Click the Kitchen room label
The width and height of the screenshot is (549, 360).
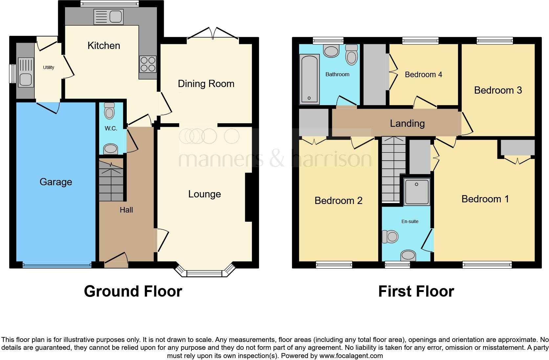coord(104,45)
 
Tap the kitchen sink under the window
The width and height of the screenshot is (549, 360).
coord(108,17)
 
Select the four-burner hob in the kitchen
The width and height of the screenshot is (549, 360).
coord(148,64)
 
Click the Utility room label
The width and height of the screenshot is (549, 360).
coord(48,67)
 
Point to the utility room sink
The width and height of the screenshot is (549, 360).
coord(26,72)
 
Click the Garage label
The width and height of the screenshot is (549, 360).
coord(56,182)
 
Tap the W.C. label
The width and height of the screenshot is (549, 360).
coord(111,128)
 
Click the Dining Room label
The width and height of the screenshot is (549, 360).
coord(206,84)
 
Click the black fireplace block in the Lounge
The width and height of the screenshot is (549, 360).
coord(249,197)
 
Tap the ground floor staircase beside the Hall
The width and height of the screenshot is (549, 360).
coord(111,180)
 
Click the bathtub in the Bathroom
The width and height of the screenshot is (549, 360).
coord(310,79)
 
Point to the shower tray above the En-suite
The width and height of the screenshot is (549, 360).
coord(417,192)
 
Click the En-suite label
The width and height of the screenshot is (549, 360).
coord(410,221)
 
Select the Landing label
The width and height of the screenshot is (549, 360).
coord(407,124)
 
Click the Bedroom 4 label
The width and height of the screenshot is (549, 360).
coord(423,75)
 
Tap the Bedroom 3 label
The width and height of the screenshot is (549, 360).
coord(498,90)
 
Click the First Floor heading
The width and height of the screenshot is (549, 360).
coord(416,291)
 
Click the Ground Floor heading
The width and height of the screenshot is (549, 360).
coord(133,291)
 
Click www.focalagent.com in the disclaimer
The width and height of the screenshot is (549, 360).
coord(351,356)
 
